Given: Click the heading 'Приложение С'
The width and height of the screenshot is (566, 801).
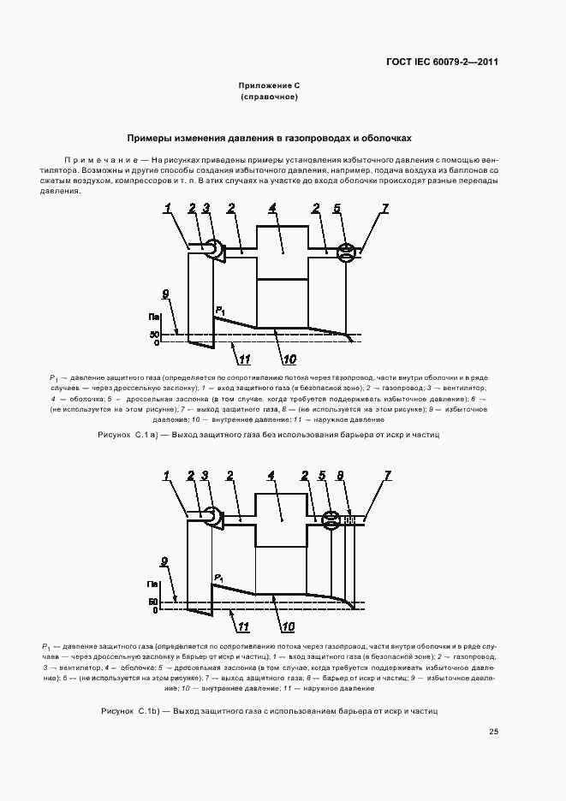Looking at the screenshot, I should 269,86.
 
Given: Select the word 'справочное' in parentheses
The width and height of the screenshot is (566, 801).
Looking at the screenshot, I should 269,98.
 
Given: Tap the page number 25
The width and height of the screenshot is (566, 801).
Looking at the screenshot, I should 493,731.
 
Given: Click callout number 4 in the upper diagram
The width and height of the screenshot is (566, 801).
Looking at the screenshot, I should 271,208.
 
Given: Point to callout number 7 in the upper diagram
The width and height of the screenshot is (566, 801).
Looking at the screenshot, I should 385,208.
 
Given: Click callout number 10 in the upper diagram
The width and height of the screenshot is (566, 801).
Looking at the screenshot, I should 290,358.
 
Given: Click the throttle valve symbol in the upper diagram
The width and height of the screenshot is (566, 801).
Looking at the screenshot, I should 347,251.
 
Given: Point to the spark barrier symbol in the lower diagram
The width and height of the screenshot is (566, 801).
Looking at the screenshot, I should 350,519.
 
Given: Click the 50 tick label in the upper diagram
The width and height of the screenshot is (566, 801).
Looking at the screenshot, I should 154,334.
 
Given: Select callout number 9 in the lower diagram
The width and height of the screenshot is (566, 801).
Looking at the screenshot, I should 164,561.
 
